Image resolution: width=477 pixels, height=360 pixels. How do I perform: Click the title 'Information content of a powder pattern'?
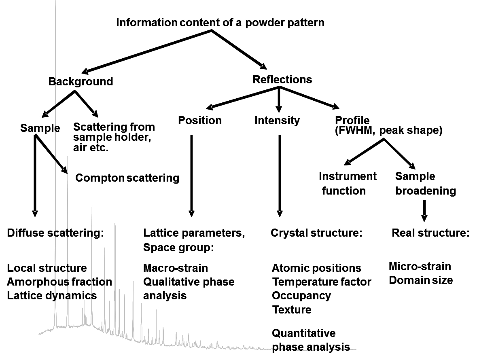tap(220, 23)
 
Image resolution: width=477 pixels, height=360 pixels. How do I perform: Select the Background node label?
tap(81, 81)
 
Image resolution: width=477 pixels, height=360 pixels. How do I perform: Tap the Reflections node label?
tap(282, 79)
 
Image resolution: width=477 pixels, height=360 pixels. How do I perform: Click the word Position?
tap(200, 121)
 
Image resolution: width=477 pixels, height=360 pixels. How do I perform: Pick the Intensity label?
tap(277, 121)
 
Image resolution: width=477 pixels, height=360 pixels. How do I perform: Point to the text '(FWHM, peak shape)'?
tap(388, 130)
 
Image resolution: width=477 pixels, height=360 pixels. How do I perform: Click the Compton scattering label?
tap(127, 178)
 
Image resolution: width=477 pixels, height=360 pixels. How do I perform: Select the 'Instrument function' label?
tap(348, 183)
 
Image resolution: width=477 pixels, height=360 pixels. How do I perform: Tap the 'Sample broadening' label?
tap(426, 183)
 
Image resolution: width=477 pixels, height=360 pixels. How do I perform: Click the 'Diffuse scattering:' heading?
tap(55, 233)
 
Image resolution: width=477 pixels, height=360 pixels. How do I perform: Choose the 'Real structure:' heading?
tap(430, 233)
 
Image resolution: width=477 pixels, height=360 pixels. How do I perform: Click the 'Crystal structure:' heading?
tap(317, 233)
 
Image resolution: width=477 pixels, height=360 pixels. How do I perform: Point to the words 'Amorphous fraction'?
tap(59, 282)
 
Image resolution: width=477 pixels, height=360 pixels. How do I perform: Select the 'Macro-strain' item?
tap(176, 268)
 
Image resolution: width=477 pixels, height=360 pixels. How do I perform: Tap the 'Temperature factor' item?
tap(322, 282)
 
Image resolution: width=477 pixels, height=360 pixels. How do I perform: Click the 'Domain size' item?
tap(421, 280)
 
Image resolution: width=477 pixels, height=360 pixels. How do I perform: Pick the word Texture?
tap(292, 309)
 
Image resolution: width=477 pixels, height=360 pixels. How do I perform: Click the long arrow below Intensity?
tap(280, 176)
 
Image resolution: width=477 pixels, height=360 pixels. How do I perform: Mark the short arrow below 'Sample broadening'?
tap(424, 211)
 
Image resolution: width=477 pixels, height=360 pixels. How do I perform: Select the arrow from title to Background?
tap(146, 51)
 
